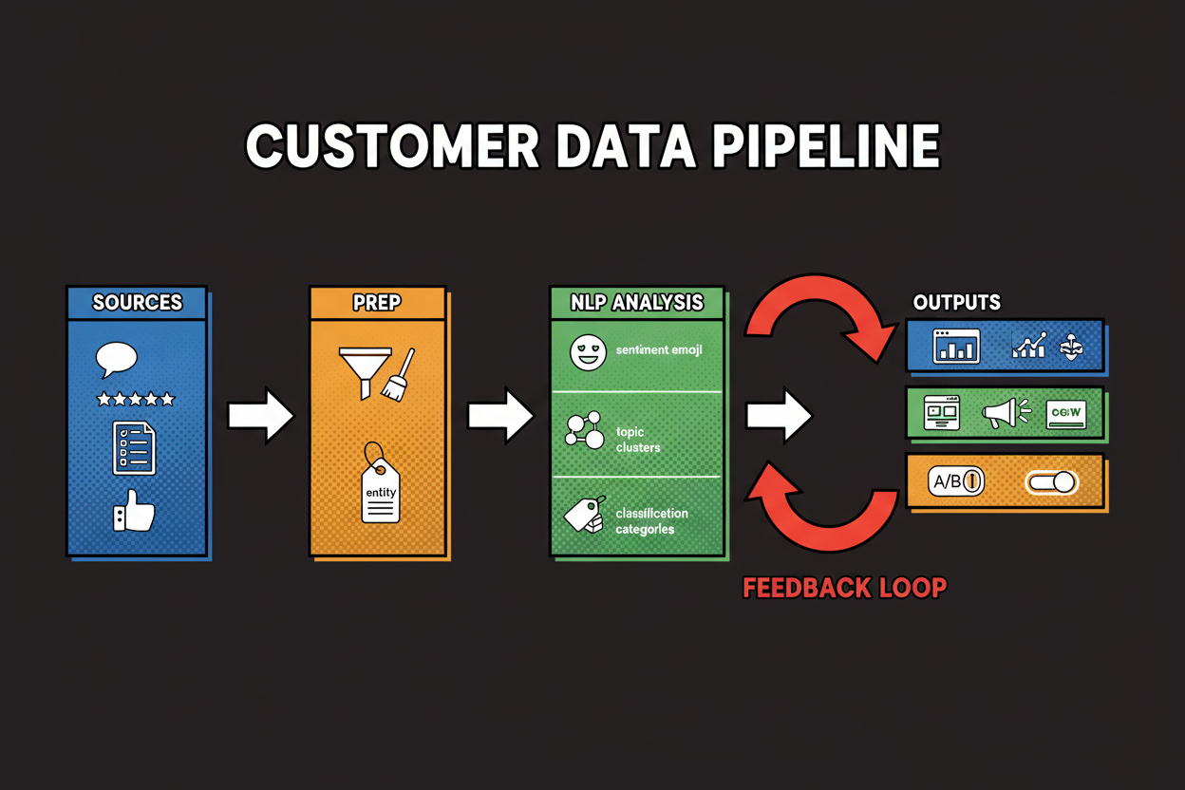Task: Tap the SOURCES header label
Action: pyautogui.click(x=137, y=303)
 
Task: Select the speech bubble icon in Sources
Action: pyautogui.click(x=117, y=359)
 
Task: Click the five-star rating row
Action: pyautogui.click(x=136, y=400)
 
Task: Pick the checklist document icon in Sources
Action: pyautogui.click(x=133, y=448)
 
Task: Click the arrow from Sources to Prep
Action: pyautogui.click(x=260, y=415)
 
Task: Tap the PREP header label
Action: pyautogui.click(x=377, y=303)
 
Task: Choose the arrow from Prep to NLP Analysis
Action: pyautogui.click(x=500, y=415)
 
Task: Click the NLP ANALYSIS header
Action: pyautogui.click(x=637, y=303)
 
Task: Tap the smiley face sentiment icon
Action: pyautogui.click(x=587, y=352)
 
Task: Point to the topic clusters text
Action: pyautogui.click(x=638, y=439)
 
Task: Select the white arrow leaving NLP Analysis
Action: pyautogui.click(x=779, y=415)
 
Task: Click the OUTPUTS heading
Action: pyautogui.click(x=956, y=303)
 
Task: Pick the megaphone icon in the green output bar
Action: pyautogui.click(x=1005, y=413)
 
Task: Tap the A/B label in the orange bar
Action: pyautogui.click(x=949, y=481)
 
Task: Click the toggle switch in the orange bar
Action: pyautogui.click(x=1051, y=482)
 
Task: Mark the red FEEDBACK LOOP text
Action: pyautogui.click(x=844, y=588)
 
